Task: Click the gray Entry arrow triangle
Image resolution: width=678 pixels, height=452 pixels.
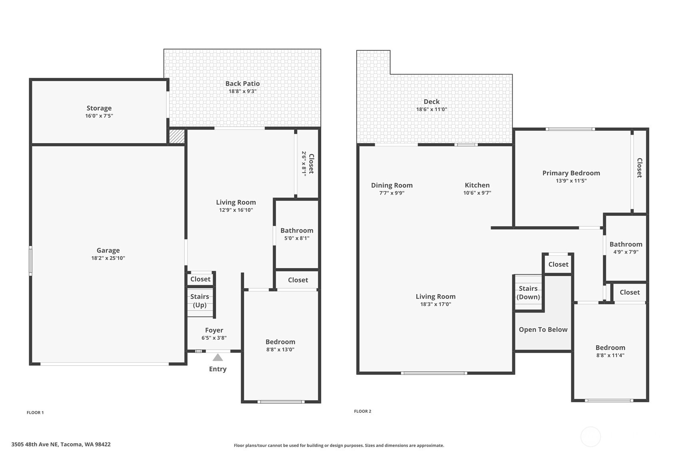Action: tap(218, 358)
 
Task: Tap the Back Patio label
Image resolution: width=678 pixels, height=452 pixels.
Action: tap(243, 84)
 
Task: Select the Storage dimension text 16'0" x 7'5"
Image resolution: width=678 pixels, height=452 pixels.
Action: tap(99, 115)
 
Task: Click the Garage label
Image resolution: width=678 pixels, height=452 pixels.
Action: tap(108, 250)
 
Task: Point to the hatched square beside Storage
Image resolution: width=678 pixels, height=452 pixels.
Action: tap(177, 136)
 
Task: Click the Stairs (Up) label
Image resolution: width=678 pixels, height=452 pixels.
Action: tap(200, 301)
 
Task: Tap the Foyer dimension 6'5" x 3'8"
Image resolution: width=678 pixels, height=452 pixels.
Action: tap(214, 338)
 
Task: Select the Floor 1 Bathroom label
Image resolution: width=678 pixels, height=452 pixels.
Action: tap(296, 230)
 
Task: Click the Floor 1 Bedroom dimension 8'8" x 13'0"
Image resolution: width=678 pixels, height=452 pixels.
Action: tap(280, 349)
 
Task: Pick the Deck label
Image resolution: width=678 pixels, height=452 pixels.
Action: tap(431, 102)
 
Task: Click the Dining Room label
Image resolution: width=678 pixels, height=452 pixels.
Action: tap(392, 185)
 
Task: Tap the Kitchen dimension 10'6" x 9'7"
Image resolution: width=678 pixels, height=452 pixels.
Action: tap(477, 193)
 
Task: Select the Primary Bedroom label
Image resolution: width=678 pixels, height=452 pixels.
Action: tap(571, 173)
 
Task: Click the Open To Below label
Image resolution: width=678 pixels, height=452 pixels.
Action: tap(543, 330)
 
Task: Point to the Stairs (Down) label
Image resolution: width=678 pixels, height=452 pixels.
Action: tap(528, 293)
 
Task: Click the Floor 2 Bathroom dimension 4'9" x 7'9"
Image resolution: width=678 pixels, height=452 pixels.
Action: tap(626, 252)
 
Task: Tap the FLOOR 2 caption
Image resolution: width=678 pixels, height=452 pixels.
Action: tap(363, 411)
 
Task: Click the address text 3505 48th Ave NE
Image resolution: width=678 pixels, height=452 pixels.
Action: tap(34, 444)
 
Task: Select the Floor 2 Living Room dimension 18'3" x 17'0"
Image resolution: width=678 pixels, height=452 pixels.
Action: tap(435, 304)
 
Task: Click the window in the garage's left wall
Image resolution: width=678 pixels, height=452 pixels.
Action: tap(31, 261)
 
